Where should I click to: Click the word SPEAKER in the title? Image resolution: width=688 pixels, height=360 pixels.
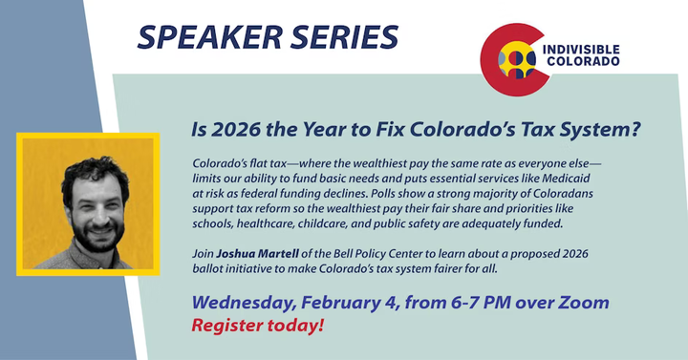pyautogui.click(x=209, y=37)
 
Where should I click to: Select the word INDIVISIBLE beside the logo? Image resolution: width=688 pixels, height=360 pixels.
pyautogui.click(x=581, y=50)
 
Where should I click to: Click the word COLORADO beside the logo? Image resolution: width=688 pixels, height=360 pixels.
pyautogui.click(x=583, y=61)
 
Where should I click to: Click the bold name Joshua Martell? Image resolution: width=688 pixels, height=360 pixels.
pyautogui.click(x=258, y=253)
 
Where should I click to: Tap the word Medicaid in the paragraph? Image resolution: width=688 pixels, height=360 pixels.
pyautogui.click(x=566, y=179)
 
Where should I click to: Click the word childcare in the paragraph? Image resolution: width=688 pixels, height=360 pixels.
pyautogui.click(x=323, y=223)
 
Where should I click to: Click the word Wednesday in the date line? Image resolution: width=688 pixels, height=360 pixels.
pyautogui.click(x=244, y=303)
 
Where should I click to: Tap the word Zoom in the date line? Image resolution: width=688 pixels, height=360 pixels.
pyautogui.click(x=583, y=303)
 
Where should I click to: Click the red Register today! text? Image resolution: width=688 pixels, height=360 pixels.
pyautogui.click(x=258, y=326)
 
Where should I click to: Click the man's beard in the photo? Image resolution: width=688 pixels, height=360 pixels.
pyautogui.click(x=97, y=237)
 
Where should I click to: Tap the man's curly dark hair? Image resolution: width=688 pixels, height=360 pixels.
pyautogui.click(x=95, y=173)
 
